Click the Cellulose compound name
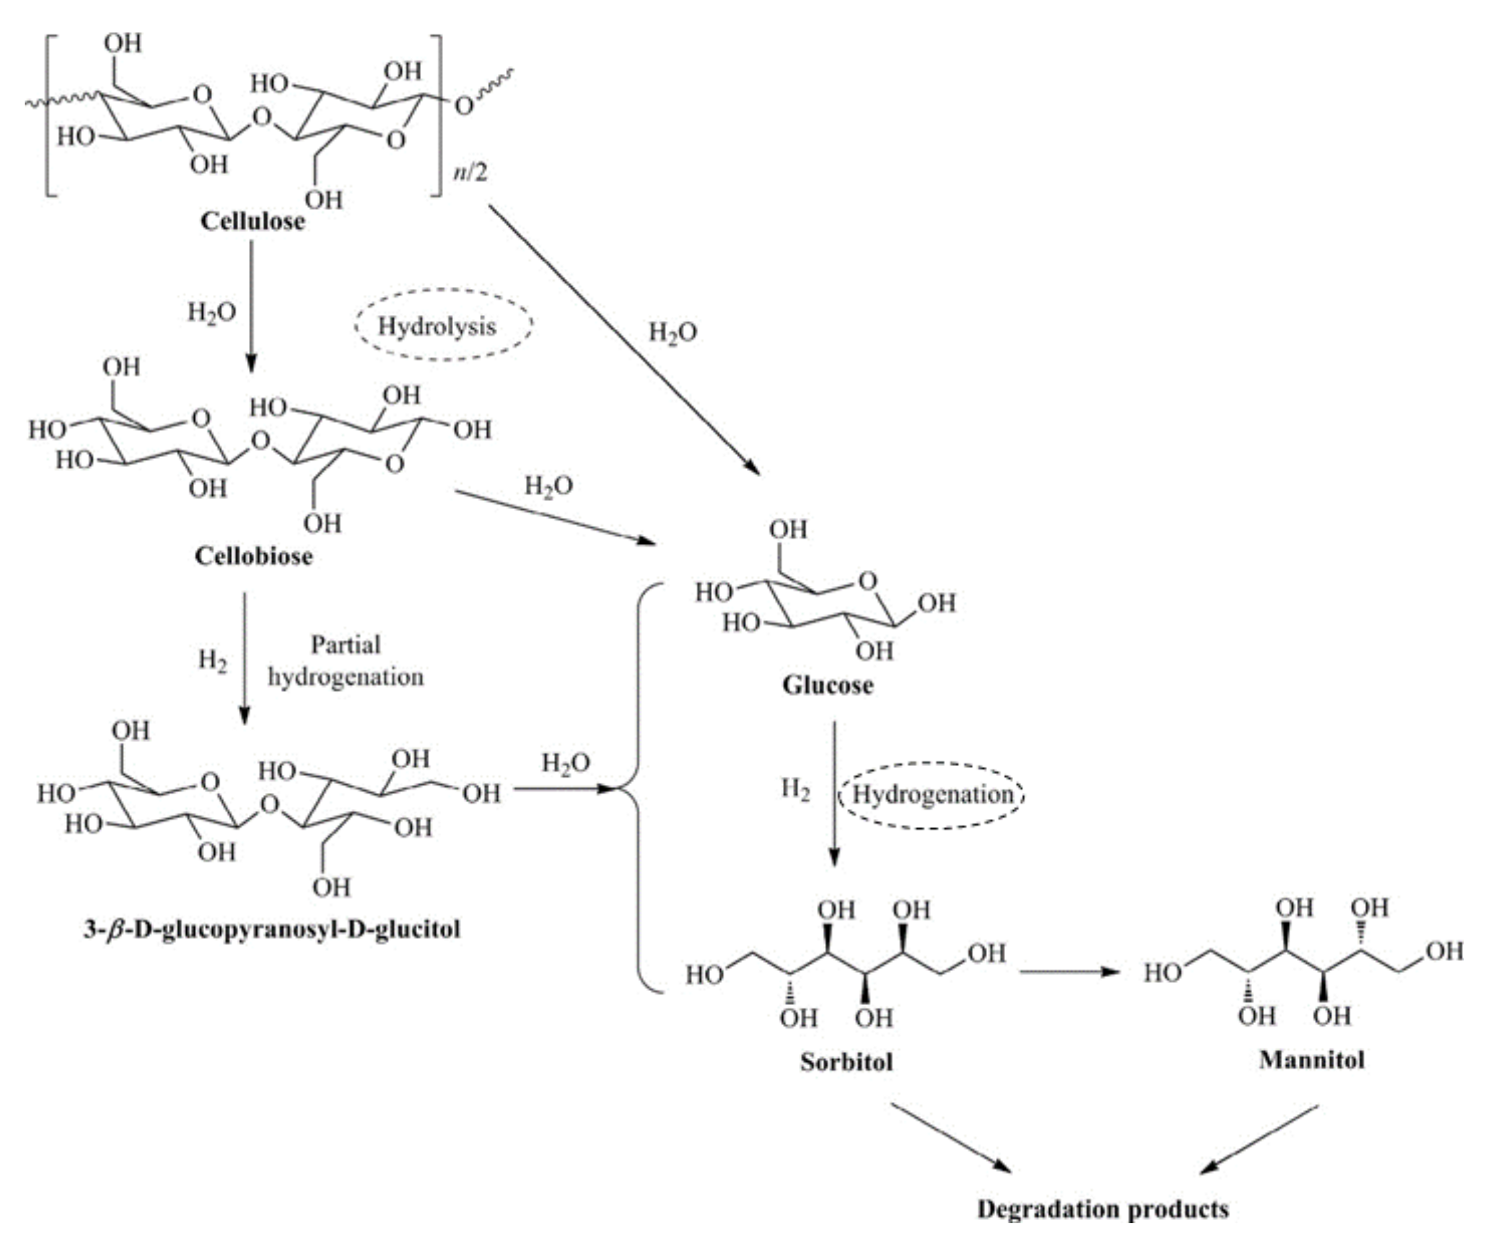253,221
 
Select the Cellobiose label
253,556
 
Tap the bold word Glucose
828,685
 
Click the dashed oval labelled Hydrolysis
443,326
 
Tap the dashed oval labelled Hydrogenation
931,794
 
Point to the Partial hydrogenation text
346,661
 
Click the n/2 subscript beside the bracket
470,172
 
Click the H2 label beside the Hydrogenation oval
796,788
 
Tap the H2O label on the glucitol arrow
566,763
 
